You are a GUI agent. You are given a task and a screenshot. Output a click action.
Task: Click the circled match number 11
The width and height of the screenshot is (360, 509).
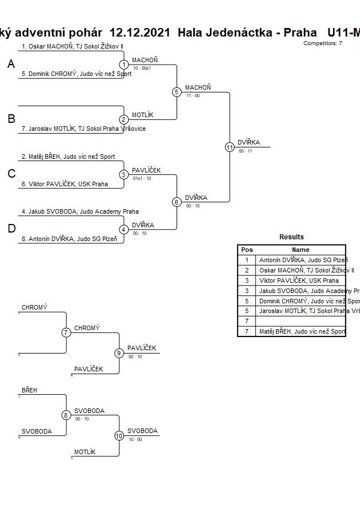click(x=230, y=147)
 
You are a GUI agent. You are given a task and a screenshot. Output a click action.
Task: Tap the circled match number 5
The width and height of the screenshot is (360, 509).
click(x=177, y=92)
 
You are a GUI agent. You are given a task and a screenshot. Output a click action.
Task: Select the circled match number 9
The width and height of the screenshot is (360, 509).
click(x=119, y=353)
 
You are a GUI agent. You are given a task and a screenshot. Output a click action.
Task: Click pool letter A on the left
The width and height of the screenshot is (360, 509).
click(x=11, y=65)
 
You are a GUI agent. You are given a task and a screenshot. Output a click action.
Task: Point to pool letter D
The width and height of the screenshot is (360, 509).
click(x=11, y=229)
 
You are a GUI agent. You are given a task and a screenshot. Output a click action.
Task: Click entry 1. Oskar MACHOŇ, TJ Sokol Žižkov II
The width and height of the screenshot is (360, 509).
click(x=73, y=46)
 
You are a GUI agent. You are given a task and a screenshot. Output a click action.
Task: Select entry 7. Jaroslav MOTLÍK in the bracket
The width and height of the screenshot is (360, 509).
click(x=83, y=129)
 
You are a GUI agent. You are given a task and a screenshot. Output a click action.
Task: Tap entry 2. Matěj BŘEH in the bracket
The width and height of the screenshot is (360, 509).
click(x=68, y=157)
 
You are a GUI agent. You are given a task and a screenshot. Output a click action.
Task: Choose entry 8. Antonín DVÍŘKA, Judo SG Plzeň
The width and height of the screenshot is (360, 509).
click(x=73, y=239)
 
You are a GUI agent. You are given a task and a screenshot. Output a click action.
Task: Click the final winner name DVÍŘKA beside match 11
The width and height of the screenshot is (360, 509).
click(x=249, y=142)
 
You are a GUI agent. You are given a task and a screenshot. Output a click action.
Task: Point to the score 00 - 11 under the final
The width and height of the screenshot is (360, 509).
click(x=245, y=151)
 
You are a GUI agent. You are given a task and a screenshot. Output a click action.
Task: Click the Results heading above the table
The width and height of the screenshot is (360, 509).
click(x=291, y=237)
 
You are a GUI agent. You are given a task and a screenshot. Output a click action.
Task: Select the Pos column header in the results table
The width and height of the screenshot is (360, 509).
click(x=247, y=250)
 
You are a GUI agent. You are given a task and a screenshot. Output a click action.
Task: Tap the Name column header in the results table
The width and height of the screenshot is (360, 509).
click(x=301, y=250)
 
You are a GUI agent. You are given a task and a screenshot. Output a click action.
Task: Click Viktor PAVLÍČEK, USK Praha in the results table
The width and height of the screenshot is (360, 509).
click(x=299, y=280)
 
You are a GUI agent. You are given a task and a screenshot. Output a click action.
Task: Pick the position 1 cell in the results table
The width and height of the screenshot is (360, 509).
click(x=247, y=260)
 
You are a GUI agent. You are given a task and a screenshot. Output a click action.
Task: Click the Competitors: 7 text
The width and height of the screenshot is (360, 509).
click(x=323, y=43)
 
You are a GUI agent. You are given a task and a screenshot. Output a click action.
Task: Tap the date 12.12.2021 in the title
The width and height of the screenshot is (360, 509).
click(x=139, y=33)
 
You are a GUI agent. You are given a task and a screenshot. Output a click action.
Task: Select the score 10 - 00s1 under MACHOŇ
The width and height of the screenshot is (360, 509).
click(x=142, y=68)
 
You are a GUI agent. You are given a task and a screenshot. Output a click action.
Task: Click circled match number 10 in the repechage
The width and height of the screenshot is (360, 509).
click(x=119, y=435)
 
